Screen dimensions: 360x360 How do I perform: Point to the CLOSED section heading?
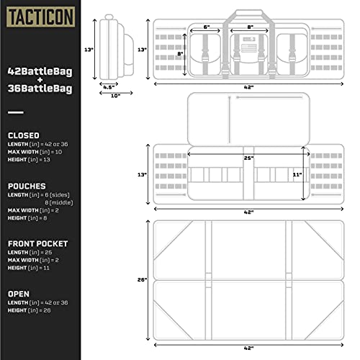[x=24, y=135]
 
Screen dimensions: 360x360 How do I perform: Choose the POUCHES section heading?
[x=27, y=185]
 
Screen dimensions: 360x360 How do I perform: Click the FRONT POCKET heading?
[x=39, y=243]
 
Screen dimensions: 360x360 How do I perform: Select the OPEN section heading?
[x=19, y=294]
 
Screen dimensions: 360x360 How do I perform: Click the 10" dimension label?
[x=115, y=96]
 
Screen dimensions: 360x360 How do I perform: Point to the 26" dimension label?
[x=143, y=279]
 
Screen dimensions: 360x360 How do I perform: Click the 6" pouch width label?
[x=207, y=27]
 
